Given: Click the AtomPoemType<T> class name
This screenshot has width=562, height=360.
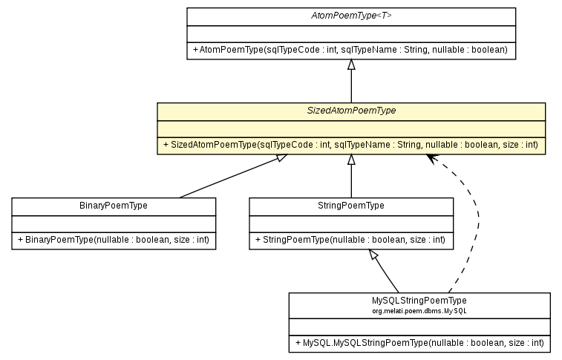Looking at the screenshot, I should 350,16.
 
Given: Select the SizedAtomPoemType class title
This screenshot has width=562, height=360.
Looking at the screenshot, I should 350,111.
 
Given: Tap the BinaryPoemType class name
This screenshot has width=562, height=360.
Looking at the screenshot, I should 114,206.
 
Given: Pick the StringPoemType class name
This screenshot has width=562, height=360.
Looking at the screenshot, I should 350,206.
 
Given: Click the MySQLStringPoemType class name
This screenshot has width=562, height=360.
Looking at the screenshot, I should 419,300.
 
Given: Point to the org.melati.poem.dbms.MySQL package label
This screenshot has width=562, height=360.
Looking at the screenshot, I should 419,310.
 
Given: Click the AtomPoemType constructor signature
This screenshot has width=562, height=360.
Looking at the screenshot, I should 350,50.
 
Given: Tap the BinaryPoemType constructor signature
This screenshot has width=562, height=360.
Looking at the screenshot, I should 114,240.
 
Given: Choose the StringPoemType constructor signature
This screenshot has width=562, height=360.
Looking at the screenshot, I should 350,240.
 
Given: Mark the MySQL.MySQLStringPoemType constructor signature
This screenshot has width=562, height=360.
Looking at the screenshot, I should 419,344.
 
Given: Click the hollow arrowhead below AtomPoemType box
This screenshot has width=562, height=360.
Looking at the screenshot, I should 351,65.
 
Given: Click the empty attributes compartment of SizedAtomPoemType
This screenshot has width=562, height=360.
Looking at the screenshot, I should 350,128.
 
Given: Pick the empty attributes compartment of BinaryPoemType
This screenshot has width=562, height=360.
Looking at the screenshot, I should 114,223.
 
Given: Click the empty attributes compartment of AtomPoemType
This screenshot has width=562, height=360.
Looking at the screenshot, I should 350,33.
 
